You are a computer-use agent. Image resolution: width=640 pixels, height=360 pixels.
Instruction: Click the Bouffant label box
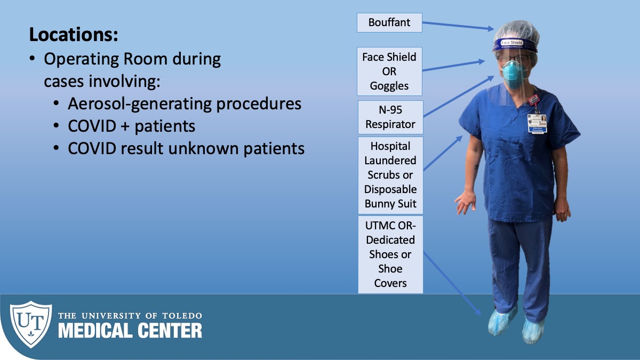(x=389, y=22)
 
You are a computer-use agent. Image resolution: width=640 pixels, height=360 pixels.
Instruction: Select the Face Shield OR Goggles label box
(x=389, y=71)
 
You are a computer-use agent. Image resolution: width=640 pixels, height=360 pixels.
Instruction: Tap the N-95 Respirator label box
(x=390, y=117)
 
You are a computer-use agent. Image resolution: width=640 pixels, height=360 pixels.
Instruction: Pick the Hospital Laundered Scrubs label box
(x=390, y=175)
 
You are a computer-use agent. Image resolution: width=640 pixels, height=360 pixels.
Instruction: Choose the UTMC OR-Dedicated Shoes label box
(x=390, y=254)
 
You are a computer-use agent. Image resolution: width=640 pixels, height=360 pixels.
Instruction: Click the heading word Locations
(x=74, y=35)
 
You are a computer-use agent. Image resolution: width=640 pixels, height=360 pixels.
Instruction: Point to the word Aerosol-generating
(x=140, y=104)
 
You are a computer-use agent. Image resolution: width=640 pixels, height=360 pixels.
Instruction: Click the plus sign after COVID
(x=125, y=126)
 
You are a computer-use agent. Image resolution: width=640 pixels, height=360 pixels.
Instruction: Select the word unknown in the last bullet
(x=203, y=149)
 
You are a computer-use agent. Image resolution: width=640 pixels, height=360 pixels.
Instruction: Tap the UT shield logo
(x=31, y=324)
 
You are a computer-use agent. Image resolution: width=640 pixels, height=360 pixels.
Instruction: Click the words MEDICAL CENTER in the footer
(x=130, y=331)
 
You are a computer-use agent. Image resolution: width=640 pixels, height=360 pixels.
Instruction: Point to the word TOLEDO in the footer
(x=182, y=316)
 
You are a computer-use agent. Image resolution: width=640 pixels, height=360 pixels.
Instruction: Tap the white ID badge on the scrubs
(x=537, y=123)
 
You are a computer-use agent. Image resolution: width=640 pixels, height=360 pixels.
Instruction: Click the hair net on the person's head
(x=517, y=31)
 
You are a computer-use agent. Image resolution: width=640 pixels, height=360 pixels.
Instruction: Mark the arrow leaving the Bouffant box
(x=458, y=26)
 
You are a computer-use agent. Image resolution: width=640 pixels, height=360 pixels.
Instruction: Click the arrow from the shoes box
(x=452, y=283)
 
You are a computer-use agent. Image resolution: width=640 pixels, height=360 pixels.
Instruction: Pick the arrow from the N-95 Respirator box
(x=459, y=96)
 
